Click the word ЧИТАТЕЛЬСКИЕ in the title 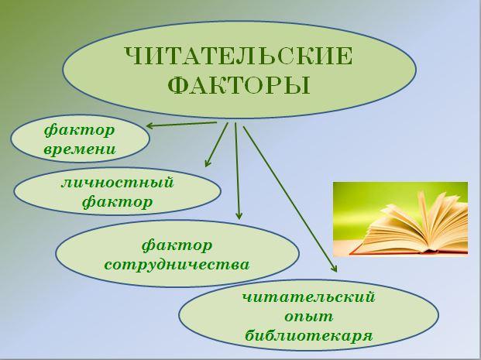coord(239,57)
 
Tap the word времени coord(80,149)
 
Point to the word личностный coord(118,183)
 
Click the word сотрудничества coord(177,265)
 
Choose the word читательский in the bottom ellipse coord(308,297)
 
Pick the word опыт coord(308,317)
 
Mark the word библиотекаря coord(308,335)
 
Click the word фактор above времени coord(80,130)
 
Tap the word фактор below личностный coord(118,202)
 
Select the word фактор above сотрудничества coord(177,245)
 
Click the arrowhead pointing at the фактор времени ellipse coord(150,125)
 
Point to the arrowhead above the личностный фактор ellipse coord(208,163)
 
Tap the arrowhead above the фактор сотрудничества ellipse coord(239,215)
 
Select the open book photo coord(400,219)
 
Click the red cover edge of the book coord(408,252)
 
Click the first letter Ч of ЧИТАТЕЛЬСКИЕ coord(134,57)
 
